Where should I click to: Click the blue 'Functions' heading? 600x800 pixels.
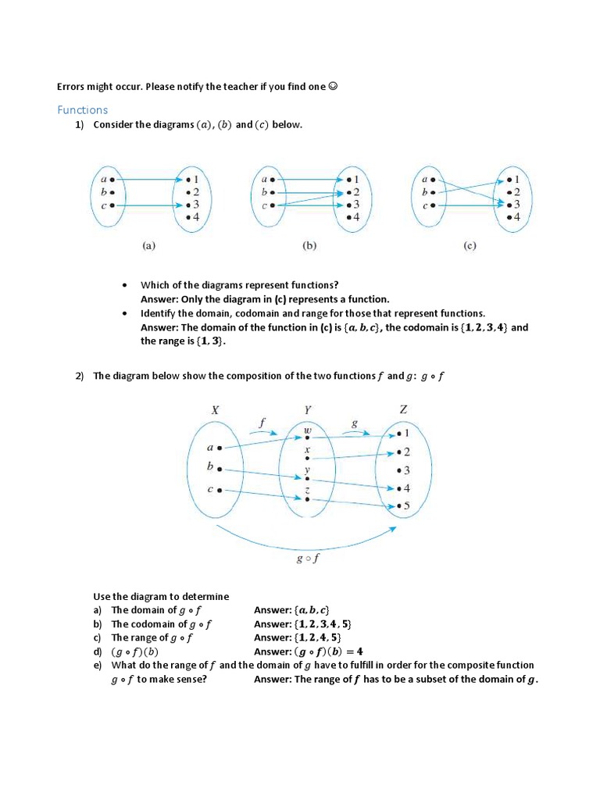[82, 110]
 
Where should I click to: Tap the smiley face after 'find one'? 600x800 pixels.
[334, 87]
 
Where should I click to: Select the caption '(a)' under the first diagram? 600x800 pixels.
[148, 245]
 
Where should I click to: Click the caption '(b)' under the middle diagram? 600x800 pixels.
[309, 245]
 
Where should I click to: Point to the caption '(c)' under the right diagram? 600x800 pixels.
[470, 245]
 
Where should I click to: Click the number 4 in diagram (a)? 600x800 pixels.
[196, 216]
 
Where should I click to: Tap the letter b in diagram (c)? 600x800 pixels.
[425, 192]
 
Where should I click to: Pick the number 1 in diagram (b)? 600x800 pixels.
[356, 180]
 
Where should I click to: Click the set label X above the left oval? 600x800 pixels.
[214, 409]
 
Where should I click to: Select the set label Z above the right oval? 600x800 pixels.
[403, 409]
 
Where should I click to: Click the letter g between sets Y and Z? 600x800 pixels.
[355, 423]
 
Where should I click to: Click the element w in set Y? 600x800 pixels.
[307, 430]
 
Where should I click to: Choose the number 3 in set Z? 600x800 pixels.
[407, 470]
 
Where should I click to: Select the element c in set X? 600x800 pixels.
[209, 490]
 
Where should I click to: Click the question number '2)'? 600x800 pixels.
[80, 376]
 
